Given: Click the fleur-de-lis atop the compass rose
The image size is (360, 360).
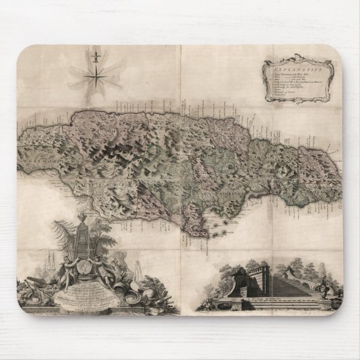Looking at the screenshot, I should [x=94, y=54].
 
